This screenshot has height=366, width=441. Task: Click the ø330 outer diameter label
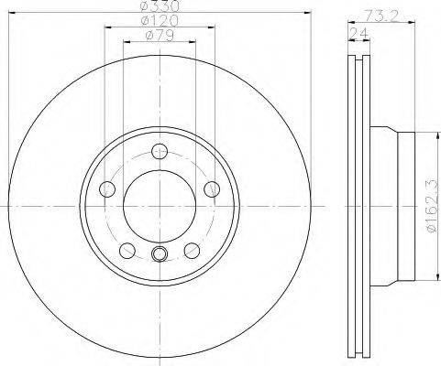tap(159, 5)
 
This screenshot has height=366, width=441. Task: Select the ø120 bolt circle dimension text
tap(160, 21)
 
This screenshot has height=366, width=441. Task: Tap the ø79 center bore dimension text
tap(160, 36)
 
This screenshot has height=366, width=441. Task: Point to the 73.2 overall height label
tap(381, 16)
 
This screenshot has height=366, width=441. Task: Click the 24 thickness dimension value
tap(359, 33)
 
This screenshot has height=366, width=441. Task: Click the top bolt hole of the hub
tap(160, 151)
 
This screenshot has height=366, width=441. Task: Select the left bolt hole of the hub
tap(107, 188)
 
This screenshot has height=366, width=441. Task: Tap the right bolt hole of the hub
tap(212, 188)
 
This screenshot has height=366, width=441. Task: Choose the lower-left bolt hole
tap(127, 250)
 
